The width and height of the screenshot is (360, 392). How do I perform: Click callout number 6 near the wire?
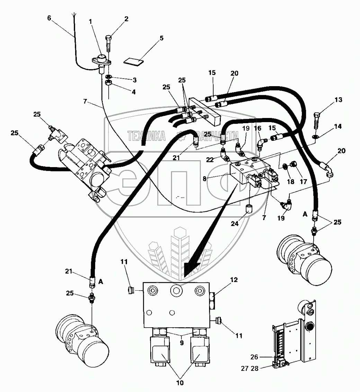pos(49,18)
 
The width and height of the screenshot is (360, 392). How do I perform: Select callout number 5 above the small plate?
pos(162,38)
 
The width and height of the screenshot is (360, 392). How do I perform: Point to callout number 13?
pos(338,100)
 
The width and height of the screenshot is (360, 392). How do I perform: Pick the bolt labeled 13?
pos(316,120)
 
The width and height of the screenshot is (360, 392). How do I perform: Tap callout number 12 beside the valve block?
pos(234,280)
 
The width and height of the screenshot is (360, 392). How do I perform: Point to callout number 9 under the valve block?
pos(182,343)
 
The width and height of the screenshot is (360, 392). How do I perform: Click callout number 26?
pos(254,357)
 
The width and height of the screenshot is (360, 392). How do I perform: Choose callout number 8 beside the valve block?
pos(205,179)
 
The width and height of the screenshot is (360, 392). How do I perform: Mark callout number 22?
pos(210,159)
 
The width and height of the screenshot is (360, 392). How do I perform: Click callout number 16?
pos(258,128)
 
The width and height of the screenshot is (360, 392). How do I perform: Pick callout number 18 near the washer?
pos(290,181)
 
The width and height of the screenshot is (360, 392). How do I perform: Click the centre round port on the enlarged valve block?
pos(176,291)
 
